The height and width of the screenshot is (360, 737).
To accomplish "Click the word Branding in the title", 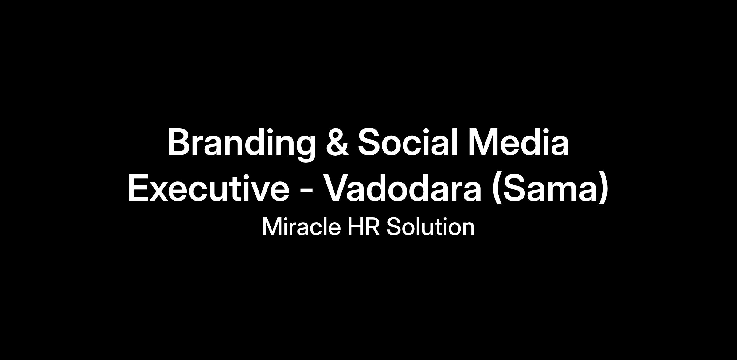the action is click(241, 145).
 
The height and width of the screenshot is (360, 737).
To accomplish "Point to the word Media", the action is click(519, 142).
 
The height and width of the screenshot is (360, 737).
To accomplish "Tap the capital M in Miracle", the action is click(272, 227).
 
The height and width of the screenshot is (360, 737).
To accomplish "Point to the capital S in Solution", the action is click(394, 227).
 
